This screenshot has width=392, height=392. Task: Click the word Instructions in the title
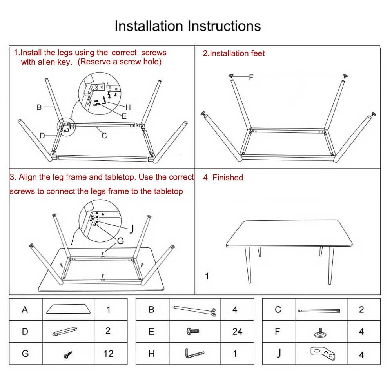pos(224,26)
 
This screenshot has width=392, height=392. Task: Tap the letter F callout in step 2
pos(251,77)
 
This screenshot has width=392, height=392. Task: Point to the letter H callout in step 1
pos(128,107)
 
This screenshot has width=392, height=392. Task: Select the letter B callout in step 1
pos(39,107)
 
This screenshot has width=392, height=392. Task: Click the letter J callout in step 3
pos(132,229)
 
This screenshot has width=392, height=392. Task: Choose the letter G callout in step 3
pos(120,241)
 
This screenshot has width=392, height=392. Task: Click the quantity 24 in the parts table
pos(237,332)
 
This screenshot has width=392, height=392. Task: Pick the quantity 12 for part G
pos(108,354)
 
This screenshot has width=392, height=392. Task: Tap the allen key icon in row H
pos(194,353)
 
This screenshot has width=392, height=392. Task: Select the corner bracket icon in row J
pos(323,353)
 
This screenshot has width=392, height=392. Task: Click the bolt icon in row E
pos(193,332)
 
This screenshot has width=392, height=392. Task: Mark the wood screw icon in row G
pos(67,354)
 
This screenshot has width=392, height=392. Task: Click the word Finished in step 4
pos(227,178)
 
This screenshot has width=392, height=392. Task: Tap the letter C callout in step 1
pos(104,136)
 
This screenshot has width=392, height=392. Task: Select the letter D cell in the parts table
pos(25,332)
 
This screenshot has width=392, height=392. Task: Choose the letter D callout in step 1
pos(42,136)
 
